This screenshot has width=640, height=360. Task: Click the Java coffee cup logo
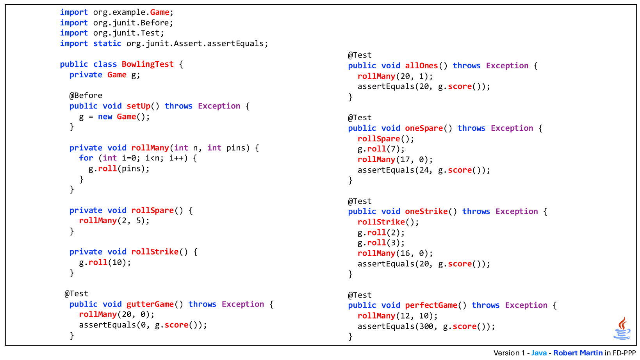[x=622, y=328]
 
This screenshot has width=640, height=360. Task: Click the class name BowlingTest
[x=148, y=64]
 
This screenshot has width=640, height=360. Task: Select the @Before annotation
[x=86, y=95]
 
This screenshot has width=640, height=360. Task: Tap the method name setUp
[x=138, y=106]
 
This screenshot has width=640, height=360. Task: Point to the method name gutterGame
[x=150, y=304]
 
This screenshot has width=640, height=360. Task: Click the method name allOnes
[x=421, y=66]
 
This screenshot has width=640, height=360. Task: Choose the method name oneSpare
[x=424, y=128]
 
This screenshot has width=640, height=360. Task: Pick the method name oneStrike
[x=426, y=211]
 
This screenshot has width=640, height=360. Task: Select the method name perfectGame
[x=431, y=305]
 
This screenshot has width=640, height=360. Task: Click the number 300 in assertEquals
[x=426, y=326]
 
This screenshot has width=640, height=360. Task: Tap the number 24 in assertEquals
[x=424, y=170]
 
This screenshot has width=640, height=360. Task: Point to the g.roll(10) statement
[x=105, y=262]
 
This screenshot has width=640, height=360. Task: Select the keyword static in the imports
[x=107, y=43]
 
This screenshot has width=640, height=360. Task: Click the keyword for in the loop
[x=86, y=158]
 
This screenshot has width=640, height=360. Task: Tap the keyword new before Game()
[x=105, y=117]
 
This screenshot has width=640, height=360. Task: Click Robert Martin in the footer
[x=578, y=353]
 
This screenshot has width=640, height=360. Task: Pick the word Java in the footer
[x=539, y=353]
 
